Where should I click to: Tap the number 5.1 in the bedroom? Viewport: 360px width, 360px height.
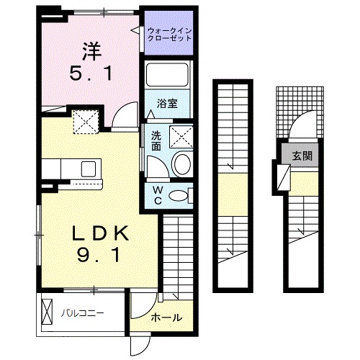click(89, 73)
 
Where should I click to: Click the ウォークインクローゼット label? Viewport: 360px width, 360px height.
click(170, 35)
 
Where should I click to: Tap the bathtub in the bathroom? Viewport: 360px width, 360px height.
click(168, 76)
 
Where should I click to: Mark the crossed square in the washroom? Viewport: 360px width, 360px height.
click(179, 135)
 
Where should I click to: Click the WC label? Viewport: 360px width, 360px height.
click(156, 194)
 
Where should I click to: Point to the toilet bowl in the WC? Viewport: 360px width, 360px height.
click(185, 194)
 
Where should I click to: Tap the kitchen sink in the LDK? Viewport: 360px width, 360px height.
click(89, 170)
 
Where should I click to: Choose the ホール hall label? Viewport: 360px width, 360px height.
click(166, 318)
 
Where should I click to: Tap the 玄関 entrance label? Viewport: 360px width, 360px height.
click(302, 156)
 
